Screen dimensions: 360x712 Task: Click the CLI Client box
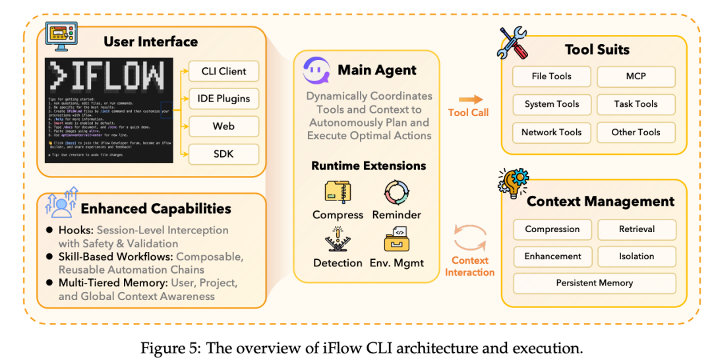pos(223,71)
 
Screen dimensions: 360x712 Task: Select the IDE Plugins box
pos(223,98)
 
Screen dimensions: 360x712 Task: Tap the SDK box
pos(223,154)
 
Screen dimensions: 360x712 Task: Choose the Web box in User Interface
pos(223,126)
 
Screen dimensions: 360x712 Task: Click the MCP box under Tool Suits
pos(636,76)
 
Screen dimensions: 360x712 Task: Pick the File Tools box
pos(551,76)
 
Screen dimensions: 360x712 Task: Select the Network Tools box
pos(551,132)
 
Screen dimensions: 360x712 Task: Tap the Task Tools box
pos(636,104)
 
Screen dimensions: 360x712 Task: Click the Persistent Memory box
pos(594,283)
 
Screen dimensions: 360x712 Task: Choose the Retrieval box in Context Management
pos(636,229)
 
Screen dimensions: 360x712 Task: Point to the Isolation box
pos(636,256)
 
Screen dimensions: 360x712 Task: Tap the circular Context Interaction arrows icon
pos(469,237)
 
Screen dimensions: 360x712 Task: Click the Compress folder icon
pos(338,192)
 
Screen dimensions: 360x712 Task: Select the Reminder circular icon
pos(396,192)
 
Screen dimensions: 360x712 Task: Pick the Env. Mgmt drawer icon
pos(396,240)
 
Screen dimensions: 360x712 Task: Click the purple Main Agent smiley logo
pos(316,70)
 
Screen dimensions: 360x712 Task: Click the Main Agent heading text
pos(377,70)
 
